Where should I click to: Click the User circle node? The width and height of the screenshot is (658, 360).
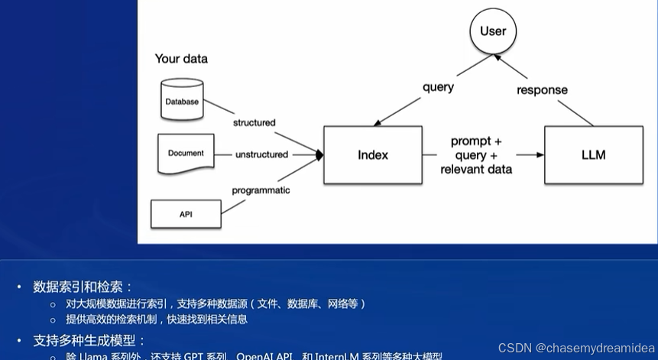tap(492, 31)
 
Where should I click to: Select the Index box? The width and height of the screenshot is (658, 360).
tap(372, 155)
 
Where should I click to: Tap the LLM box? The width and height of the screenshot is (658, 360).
tap(593, 155)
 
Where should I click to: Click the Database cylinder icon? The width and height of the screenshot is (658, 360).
tap(182, 99)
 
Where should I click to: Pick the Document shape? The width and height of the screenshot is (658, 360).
tap(185, 154)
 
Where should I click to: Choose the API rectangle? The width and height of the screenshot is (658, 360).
tap(186, 214)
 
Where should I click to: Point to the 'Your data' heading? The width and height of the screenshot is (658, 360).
tap(181, 59)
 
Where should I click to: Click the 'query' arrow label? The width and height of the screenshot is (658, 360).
tap(438, 87)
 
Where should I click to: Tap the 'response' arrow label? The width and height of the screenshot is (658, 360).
tap(542, 90)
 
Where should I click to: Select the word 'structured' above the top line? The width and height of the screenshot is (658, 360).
tap(254, 122)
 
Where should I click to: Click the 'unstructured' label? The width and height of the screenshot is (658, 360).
tap(261, 154)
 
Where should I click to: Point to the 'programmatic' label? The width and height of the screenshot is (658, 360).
tap(261, 190)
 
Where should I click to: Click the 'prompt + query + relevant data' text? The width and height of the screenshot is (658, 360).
tap(476, 155)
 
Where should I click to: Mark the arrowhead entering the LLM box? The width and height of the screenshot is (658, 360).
tap(540, 155)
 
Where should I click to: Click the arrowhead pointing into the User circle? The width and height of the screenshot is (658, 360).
tap(498, 57)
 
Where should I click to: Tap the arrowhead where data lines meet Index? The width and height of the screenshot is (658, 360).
tap(319, 155)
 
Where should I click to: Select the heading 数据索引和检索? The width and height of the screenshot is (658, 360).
tap(83, 287)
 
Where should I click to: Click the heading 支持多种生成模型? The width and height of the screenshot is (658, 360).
tap(89, 340)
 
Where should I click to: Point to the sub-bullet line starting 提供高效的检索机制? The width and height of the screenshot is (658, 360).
tap(157, 319)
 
